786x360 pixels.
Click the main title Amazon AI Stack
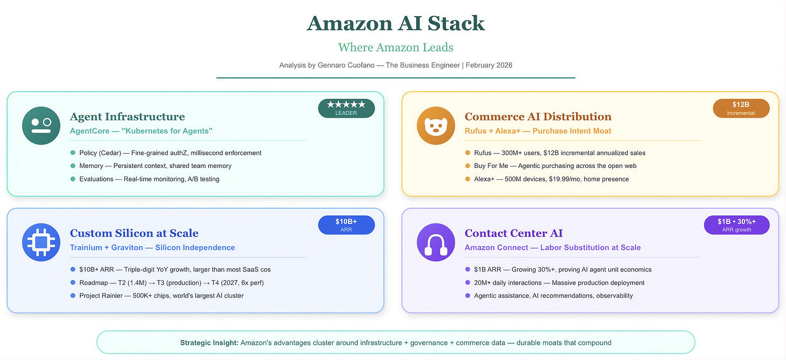396,23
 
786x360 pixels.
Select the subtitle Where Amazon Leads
396,47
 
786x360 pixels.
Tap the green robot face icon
41,125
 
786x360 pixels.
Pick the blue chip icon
41,242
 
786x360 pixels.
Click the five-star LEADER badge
346,108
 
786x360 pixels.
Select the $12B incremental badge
741,108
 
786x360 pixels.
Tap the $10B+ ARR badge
346,225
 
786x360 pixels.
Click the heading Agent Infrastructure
127,117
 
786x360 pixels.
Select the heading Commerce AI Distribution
538,117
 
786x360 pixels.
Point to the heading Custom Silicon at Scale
134,233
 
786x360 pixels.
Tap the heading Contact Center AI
513,233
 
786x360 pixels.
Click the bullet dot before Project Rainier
73,295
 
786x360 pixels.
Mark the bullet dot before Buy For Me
467,166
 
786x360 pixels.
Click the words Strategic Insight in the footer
209,343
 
